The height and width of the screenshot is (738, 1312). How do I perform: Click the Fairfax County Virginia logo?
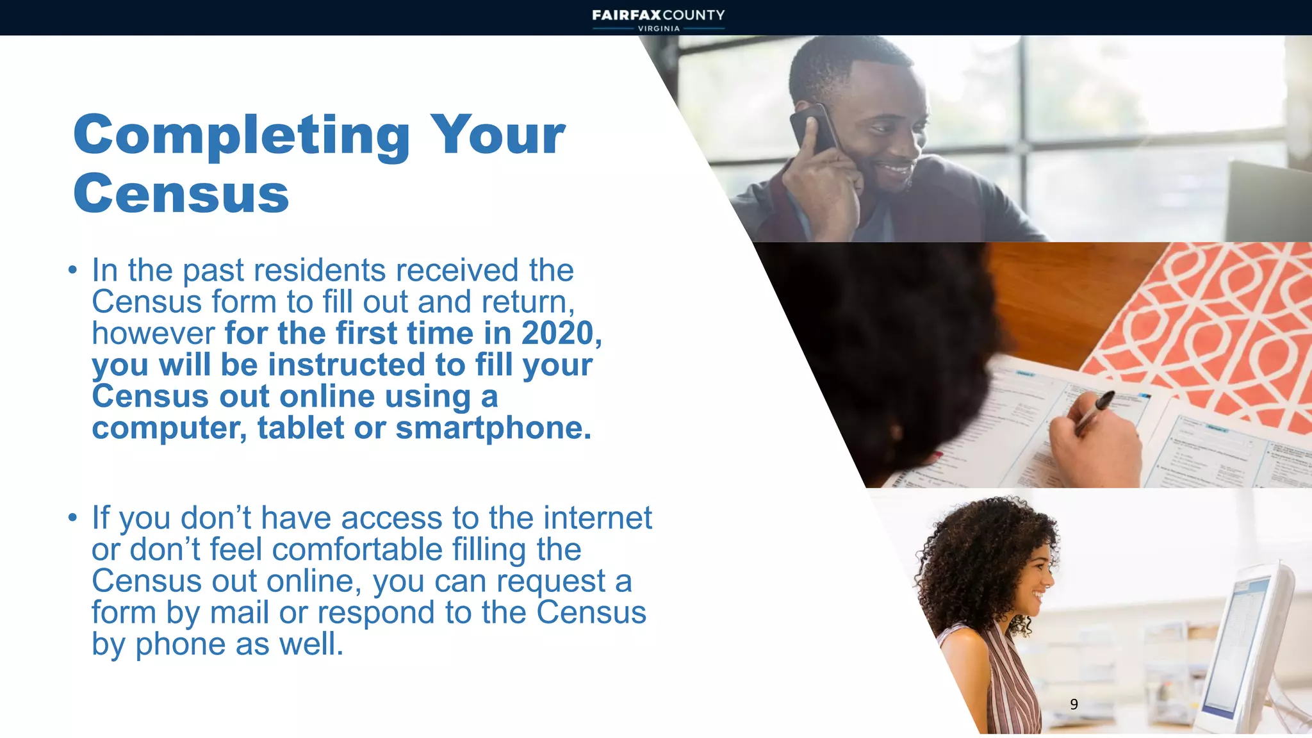pyautogui.click(x=658, y=19)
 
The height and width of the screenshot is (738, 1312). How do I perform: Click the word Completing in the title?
pyautogui.click(x=242, y=136)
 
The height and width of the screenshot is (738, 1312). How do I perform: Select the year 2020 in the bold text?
pyautogui.click(x=558, y=333)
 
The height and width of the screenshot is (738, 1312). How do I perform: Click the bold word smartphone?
pyautogui.click(x=493, y=428)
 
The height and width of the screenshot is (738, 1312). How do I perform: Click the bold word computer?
pyautogui.click(x=168, y=428)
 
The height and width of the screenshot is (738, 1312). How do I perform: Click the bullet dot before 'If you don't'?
pyautogui.click(x=73, y=518)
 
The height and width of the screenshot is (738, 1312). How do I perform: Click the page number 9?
pyautogui.click(x=1074, y=704)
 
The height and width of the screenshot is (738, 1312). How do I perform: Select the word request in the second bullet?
pyautogui.click(x=550, y=581)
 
